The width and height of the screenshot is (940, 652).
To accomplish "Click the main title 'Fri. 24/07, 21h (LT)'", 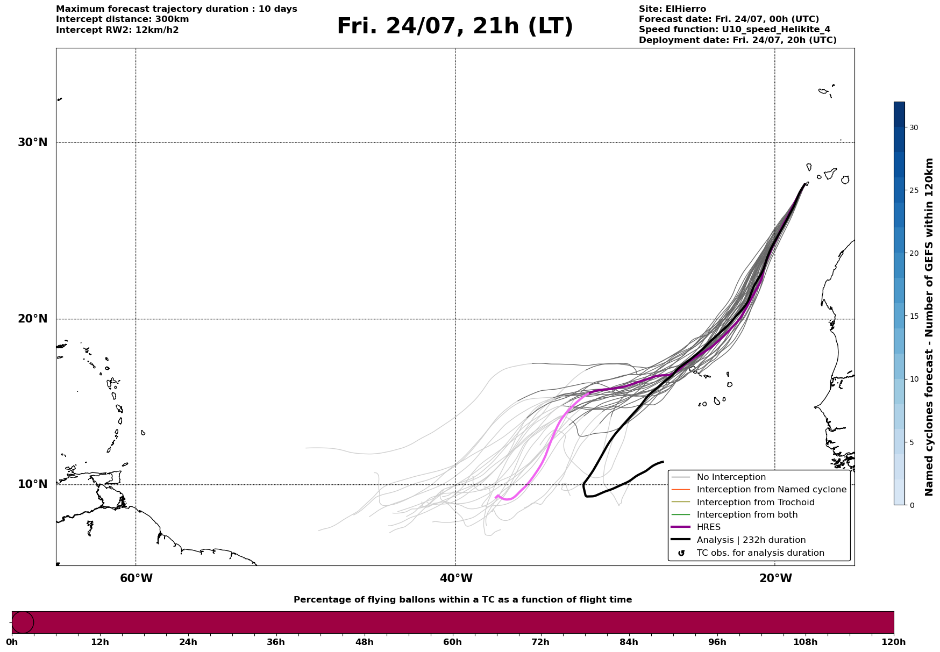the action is (455, 26).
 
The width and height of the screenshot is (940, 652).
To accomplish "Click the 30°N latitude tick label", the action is (33, 142).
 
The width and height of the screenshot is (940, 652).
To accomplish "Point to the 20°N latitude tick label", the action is (33, 319).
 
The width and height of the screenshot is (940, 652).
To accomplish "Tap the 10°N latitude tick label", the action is (33, 484).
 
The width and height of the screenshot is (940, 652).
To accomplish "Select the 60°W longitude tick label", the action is (136, 578).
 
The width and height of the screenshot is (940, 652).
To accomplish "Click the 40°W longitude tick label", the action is (456, 578).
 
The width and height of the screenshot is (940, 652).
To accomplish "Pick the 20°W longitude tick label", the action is (775, 578).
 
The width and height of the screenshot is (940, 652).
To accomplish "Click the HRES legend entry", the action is (708, 527).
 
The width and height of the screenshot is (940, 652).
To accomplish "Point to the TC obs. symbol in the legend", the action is (681, 553).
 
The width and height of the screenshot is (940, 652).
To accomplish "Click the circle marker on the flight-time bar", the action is (23, 622).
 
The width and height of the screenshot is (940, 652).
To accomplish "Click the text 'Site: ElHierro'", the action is (672, 9).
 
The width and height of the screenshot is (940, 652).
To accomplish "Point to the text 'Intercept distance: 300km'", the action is (123, 19).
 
